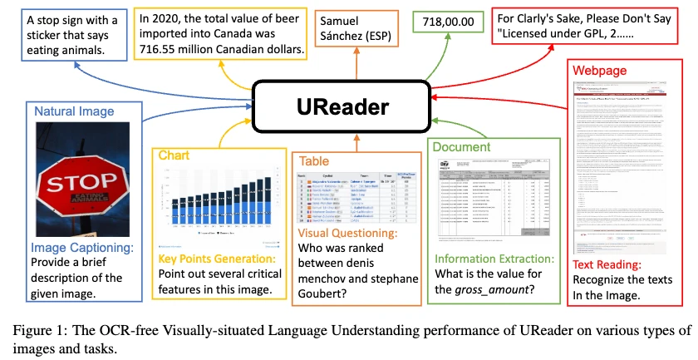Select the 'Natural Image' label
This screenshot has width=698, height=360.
73,111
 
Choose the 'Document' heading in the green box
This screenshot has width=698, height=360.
461,146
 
